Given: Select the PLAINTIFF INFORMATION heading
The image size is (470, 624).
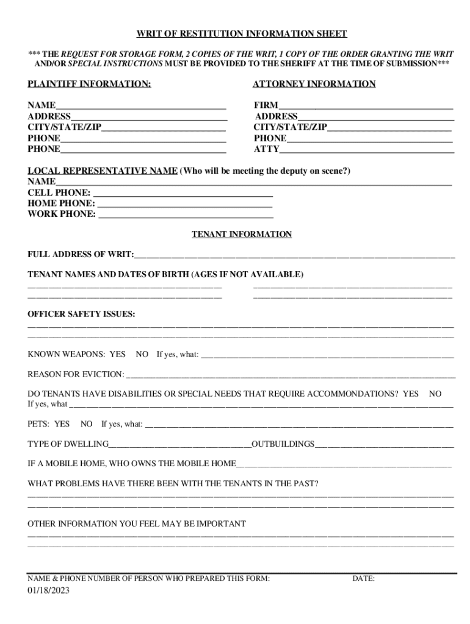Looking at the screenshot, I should (x=89, y=84).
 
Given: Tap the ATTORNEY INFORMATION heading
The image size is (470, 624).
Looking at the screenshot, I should (x=314, y=84).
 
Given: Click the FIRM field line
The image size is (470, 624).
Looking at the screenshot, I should (x=366, y=107).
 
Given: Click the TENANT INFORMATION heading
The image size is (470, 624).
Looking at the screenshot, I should (x=242, y=235).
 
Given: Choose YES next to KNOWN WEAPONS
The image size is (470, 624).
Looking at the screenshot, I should (x=117, y=354).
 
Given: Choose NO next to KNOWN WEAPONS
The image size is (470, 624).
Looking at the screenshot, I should (x=142, y=354).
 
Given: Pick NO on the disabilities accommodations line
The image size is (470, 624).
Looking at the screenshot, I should (x=435, y=394).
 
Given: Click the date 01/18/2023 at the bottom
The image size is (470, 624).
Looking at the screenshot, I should (x=49, y=590).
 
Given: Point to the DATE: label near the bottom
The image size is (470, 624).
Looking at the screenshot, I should (x=363, y=579).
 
